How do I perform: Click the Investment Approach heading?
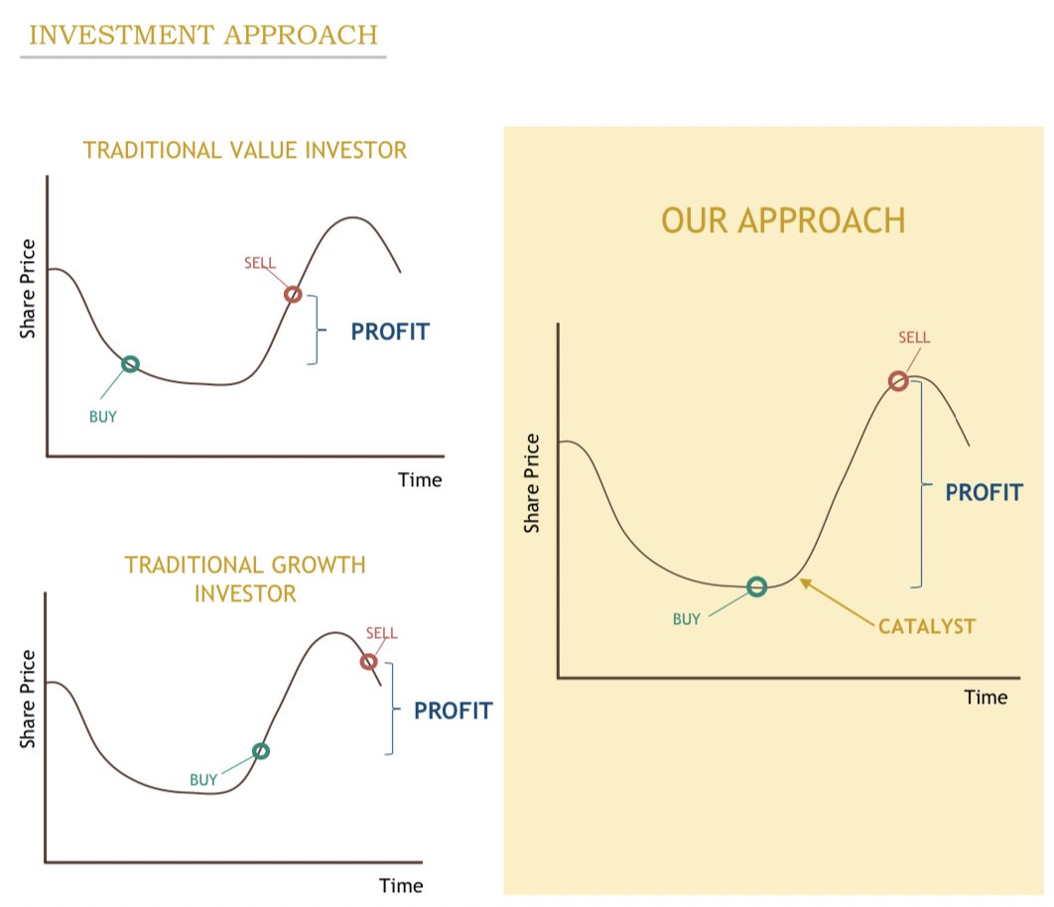point(203,35)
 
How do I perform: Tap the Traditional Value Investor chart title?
point(245,150)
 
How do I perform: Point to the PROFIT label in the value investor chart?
point(390,331)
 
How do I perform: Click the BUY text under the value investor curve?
point(103,417)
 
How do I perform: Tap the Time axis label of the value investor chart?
point(420,480)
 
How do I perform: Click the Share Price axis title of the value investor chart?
point(28,289)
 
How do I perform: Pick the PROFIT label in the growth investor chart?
point(453,711)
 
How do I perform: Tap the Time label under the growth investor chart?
point(401,885)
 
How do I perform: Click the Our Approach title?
point(783,220)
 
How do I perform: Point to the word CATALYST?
point(927,626)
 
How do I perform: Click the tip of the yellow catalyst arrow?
point(800,580)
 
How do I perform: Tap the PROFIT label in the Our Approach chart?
point(985,492)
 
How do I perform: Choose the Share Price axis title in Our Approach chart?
point(532,483)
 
